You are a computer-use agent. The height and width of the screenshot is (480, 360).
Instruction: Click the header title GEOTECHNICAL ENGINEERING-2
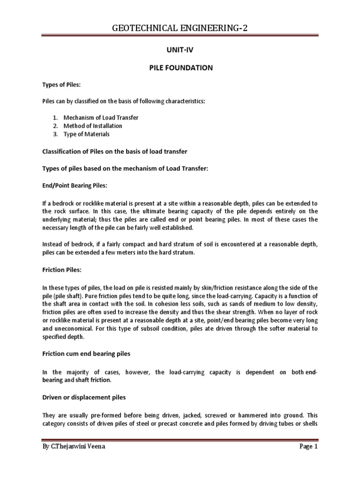(x=180, y=29)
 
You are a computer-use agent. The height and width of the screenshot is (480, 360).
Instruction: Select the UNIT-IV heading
(x=180, y=49)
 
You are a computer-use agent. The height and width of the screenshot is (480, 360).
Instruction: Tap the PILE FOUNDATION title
(x=180, y=68)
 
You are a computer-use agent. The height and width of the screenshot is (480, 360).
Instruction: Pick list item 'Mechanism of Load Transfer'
(x=101, y=117)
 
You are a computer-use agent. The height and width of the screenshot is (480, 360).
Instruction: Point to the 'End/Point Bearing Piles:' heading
(x=75, y=186)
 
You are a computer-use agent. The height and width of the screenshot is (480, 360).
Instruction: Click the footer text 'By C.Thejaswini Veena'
(x=73, y=460)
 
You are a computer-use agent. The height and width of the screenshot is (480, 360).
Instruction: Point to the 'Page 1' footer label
(x=308, y=460)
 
